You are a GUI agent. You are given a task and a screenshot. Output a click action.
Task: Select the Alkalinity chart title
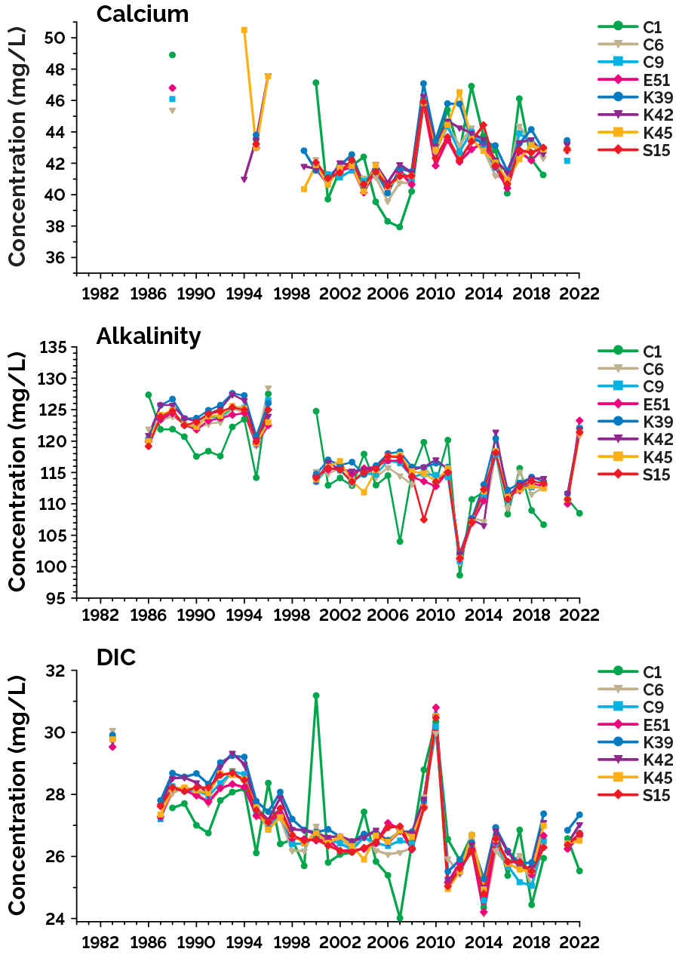pyautogui.click(x=148, y=336)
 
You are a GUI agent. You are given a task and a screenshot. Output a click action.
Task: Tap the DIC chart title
pyautogui.click(x=115, y=658)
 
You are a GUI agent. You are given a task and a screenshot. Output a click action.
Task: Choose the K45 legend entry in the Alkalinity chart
pyautogui.click(x=634, y=456)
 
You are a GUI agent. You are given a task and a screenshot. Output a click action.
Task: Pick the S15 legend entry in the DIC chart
pyautogui.click(x=633, y=796)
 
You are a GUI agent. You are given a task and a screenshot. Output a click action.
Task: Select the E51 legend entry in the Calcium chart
pyautogui.click(x=634, y=80)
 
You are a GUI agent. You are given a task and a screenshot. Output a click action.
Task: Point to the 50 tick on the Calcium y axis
pyautogui.click(x=63, y=38)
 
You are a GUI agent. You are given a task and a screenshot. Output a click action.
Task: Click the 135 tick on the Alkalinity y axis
pyautogui.click(x=59, y=348)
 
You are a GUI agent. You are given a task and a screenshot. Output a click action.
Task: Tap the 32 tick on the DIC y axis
pyautogui.click(x=63, y=670)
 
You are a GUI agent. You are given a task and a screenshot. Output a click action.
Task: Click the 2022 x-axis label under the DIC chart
pyautogui.click(x=579, y=943)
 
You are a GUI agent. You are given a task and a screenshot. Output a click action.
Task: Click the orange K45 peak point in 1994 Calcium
pyautogui.click(x=244, y=30)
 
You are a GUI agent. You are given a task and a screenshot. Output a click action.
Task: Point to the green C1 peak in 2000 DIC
pyautogui.click(x=316, y=695)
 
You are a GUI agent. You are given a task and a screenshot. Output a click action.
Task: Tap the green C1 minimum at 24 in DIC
pyautogui.click(x=400, y=918)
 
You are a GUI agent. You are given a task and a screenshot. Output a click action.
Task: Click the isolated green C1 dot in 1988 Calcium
pyautogui.click(x=172, y=55)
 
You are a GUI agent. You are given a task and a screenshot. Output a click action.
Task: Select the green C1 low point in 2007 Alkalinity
pyautogui.click(x=400, y=541)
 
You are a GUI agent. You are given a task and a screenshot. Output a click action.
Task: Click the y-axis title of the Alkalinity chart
pyautogui.click(x=17, y=471)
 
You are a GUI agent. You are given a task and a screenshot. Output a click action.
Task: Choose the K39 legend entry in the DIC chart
pyautogui.click(x=634, y=744)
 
